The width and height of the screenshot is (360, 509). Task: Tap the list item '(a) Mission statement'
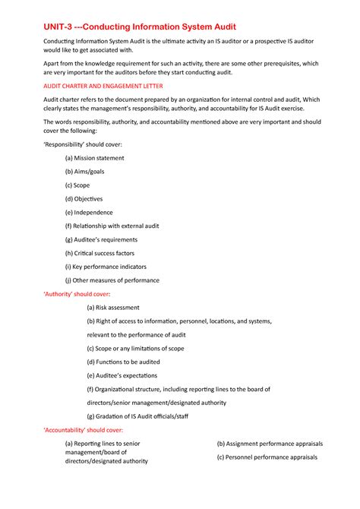point(94,158)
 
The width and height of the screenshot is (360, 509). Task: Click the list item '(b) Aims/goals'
point(85,172)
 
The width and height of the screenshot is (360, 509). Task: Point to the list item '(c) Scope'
point(77,185)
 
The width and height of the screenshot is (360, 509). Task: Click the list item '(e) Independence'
point(89,213)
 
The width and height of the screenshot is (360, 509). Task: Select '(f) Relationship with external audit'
point(110,226)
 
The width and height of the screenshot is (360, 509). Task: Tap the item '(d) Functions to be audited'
point(123,362)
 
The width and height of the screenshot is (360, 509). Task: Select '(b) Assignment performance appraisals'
point(270,444)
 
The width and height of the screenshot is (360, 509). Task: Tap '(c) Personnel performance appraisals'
point(267,457)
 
